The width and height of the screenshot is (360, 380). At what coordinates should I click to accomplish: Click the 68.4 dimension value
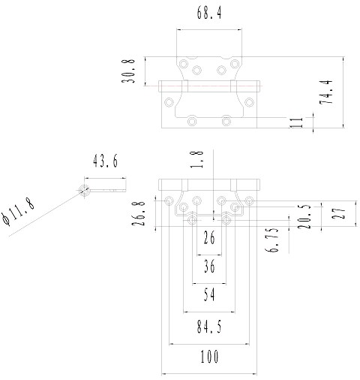[209, 13]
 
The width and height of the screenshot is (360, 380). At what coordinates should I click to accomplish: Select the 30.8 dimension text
[128, 71]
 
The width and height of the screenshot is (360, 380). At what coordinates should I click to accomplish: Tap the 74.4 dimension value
[326, 92]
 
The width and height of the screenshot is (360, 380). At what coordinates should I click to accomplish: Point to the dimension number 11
[296, 122]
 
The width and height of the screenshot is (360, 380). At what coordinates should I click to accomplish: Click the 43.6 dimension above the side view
[105, 161]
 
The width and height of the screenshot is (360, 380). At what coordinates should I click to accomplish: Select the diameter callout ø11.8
[18, 212]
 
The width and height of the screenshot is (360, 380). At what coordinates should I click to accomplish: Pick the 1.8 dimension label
[196, 159]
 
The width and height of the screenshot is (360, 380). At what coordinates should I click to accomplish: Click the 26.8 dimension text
[139, 213]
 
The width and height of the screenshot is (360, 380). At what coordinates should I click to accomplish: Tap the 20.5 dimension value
[304, 216]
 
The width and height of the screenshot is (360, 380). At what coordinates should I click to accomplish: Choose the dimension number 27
[339, 213]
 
